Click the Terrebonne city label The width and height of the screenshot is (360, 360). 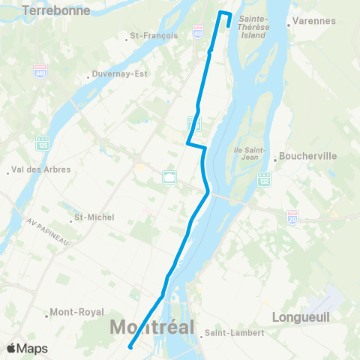(x=56, y=10)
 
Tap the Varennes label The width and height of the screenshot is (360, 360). (x=313, y=21)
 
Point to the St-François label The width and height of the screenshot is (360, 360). (x=154, y=35)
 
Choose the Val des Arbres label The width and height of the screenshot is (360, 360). (x=41, y=169)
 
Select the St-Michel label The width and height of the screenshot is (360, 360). (x=94, y=217)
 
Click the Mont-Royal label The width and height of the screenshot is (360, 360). (x=74, y=312)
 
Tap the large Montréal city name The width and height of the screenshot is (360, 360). (x=151, y=327)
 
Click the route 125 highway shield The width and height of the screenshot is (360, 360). (x=43, y=142)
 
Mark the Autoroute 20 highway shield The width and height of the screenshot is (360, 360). (x=292, y=216)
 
